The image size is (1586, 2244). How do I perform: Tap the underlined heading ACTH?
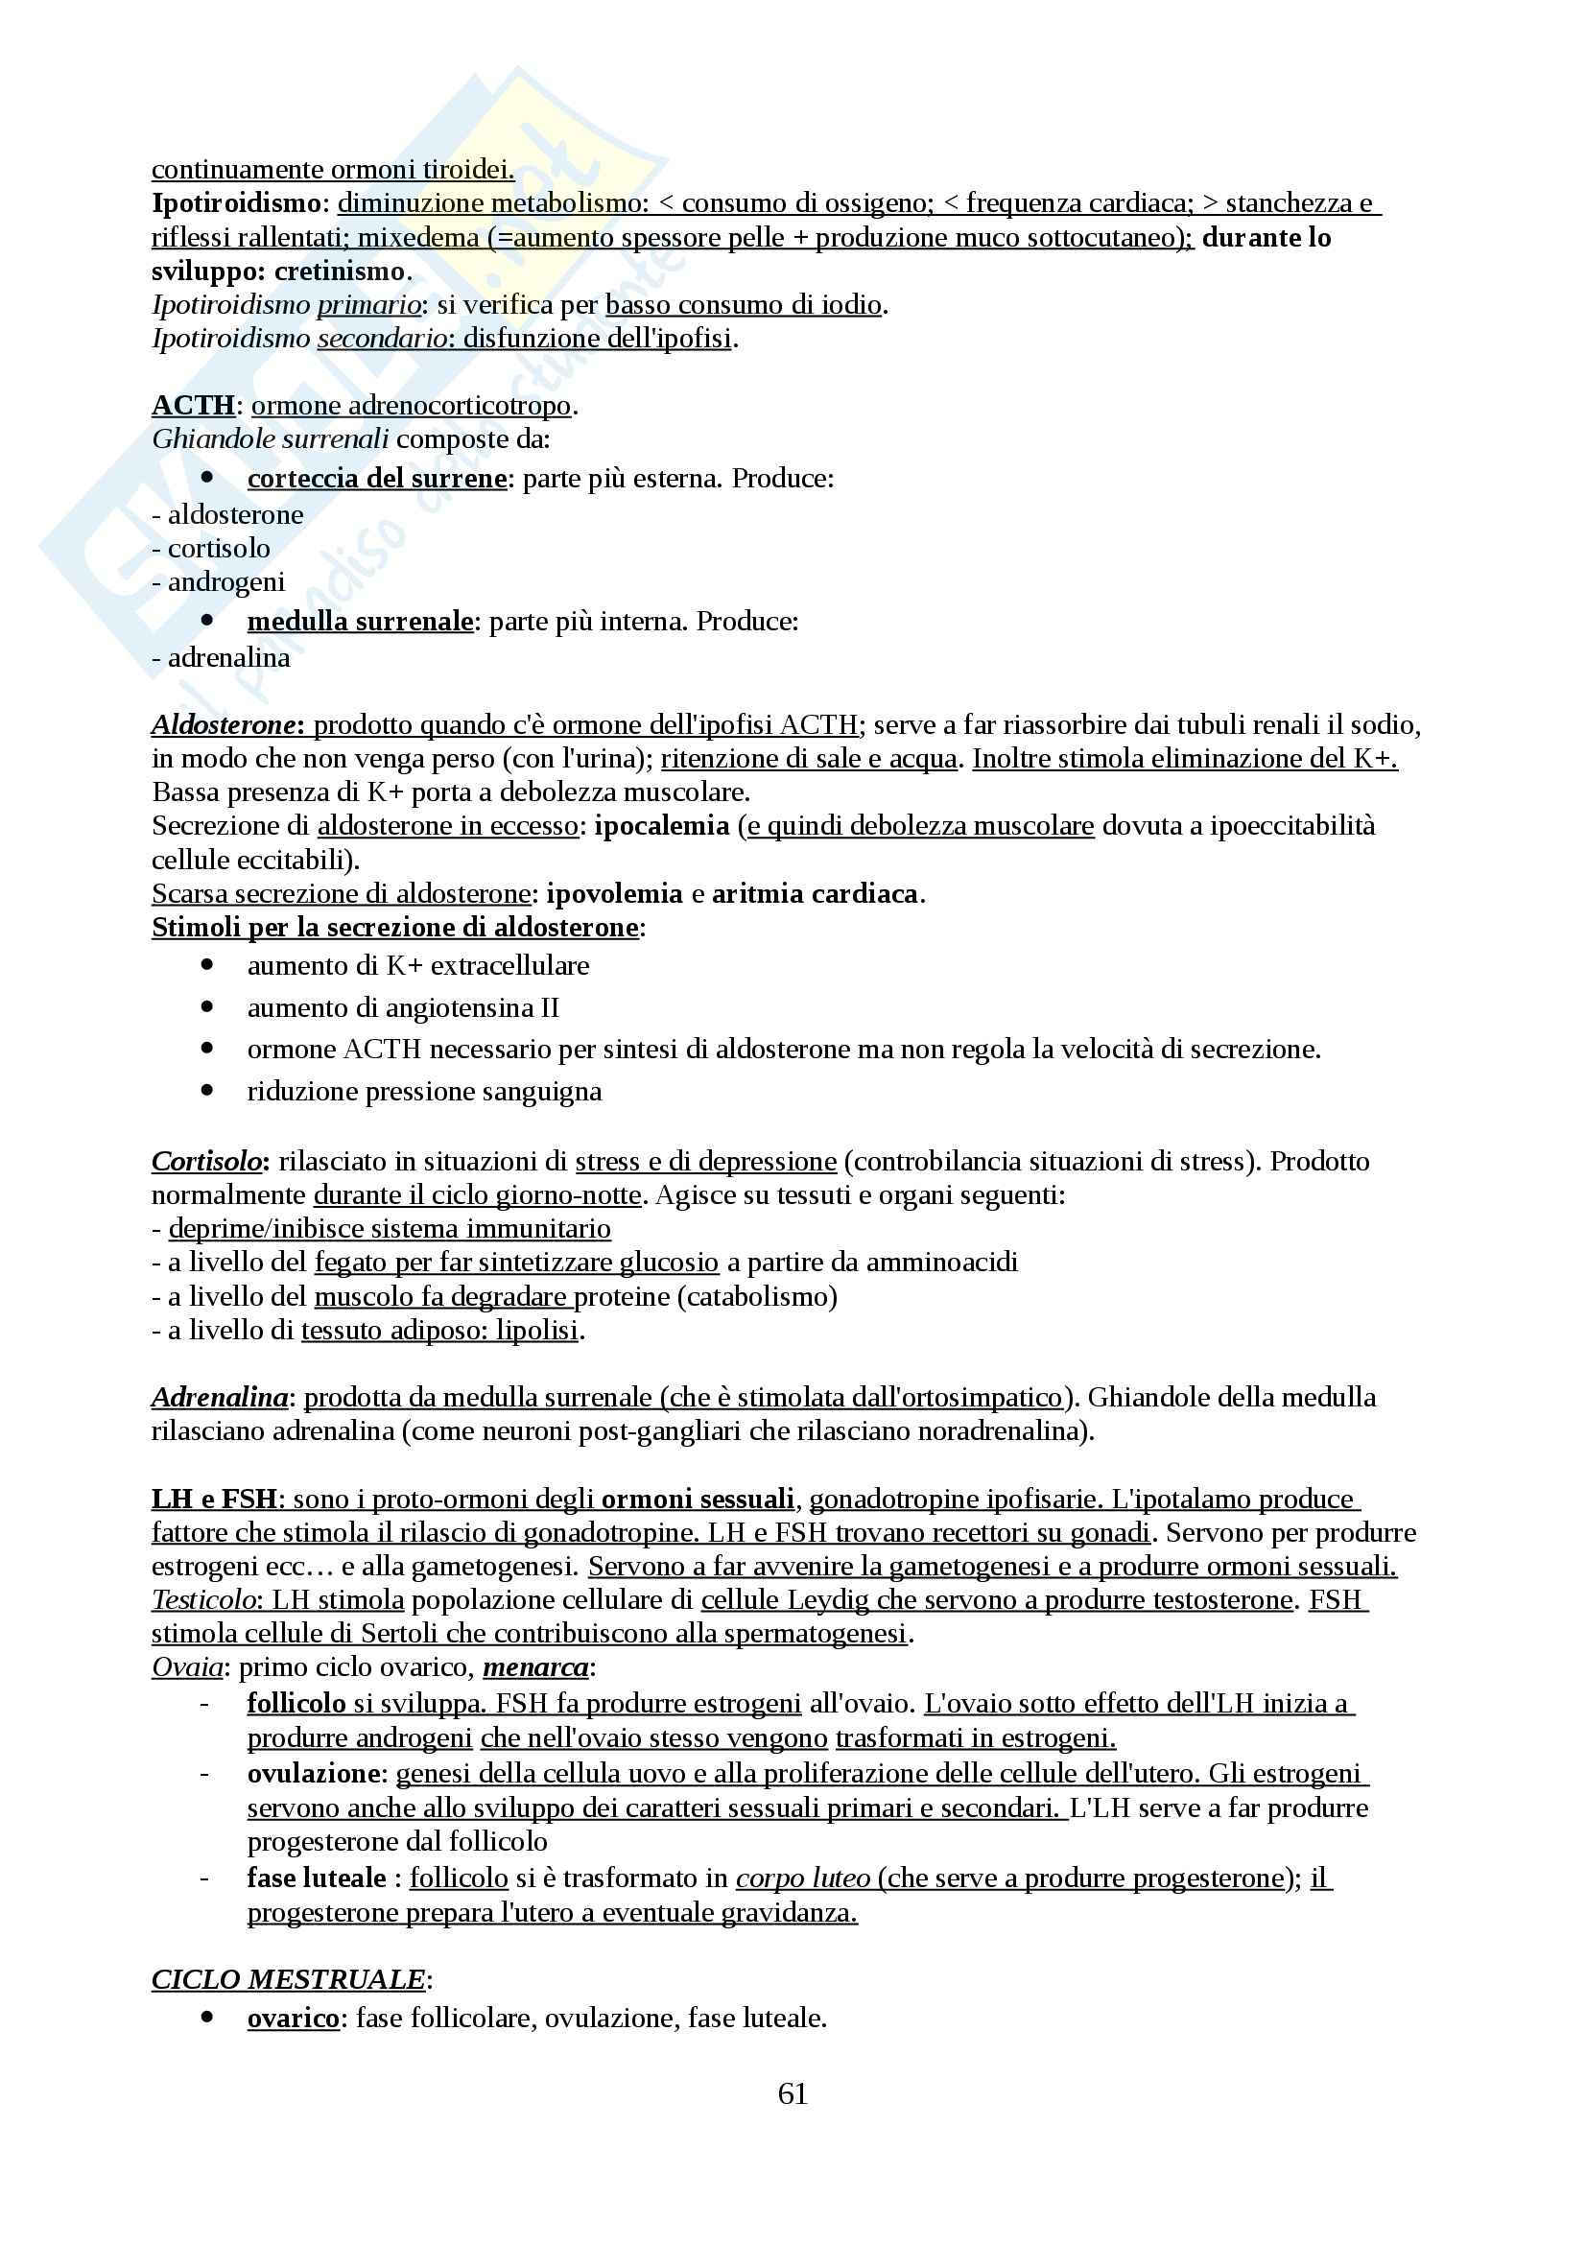(194, 405)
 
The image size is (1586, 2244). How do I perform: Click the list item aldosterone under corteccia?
(235, 514)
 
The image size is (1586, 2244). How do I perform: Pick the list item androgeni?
(226, 581)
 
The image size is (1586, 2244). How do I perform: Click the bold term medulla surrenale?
(360, 621)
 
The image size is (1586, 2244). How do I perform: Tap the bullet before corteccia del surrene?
(207, 478)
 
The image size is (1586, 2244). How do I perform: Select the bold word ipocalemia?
(662, 826)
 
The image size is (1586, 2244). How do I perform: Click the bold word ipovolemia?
(614, 893)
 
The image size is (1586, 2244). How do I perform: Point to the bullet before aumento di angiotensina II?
(207, 1006)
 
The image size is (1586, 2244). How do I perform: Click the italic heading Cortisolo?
(206, 1161)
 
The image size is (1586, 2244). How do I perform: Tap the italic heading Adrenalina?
(219, 1397)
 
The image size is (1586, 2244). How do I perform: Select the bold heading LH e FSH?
(215, 1499)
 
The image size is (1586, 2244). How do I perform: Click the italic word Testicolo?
(203, 1599)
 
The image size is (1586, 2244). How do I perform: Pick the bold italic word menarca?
(535, 1666)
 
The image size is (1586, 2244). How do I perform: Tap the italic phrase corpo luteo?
(802, 1878)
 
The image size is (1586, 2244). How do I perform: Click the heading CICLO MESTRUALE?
(288, 1978)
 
